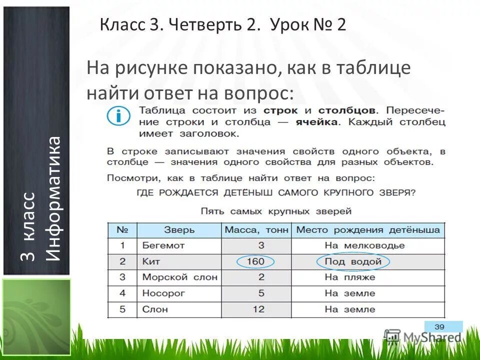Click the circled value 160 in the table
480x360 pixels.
[256, 261]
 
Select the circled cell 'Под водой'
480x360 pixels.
[353, 261]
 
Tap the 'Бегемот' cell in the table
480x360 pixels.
[163, 245]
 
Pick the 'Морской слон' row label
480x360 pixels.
[180, 277]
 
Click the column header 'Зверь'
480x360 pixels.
[179, 230]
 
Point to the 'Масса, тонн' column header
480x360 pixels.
[256, 230]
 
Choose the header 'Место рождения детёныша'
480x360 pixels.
[368, 230]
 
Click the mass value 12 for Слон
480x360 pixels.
[258, 309]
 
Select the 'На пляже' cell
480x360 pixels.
[350, 277]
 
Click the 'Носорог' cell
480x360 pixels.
[163, 293]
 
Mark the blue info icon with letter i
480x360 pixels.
[118, 117]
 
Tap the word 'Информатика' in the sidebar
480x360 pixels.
[53, 198]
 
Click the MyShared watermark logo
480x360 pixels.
[423, 337]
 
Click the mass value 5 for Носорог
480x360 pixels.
[261, 293]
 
